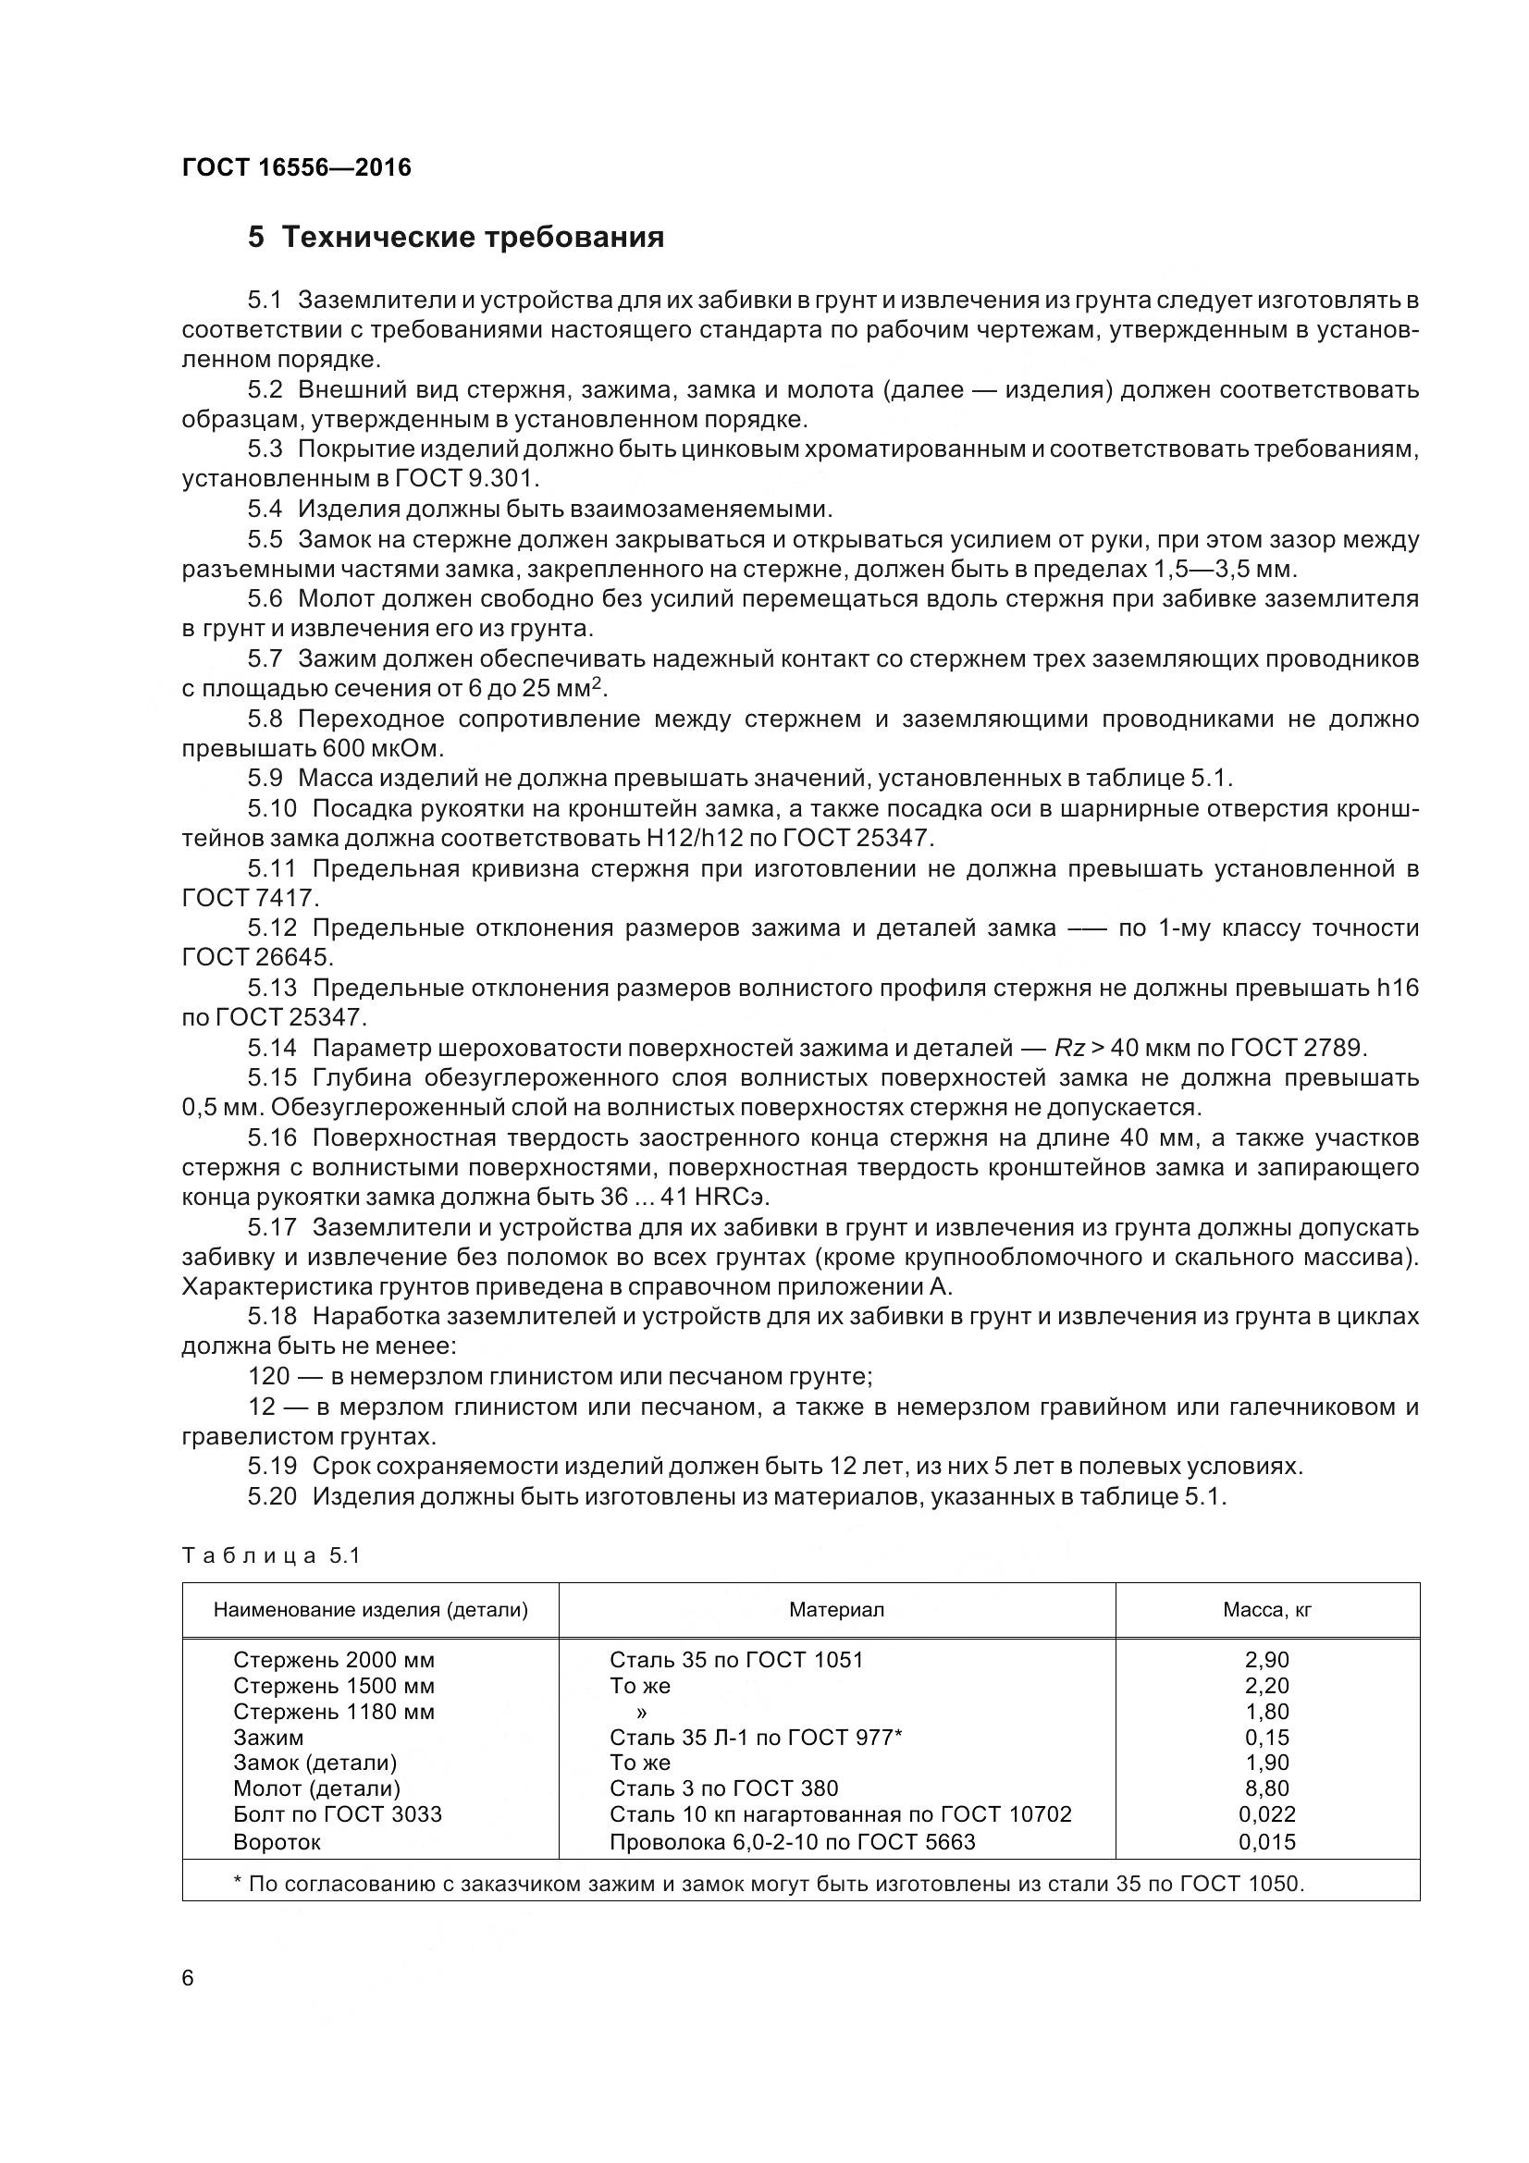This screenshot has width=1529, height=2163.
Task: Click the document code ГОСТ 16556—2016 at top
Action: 296,167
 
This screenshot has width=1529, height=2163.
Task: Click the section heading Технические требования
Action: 472,238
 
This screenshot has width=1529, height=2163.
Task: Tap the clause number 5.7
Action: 265,658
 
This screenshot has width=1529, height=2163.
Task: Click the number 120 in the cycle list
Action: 268,1376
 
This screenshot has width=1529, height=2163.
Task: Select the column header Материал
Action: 835,1610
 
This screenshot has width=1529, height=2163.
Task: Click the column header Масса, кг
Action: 1266,1610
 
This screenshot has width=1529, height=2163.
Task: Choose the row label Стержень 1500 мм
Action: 334,1686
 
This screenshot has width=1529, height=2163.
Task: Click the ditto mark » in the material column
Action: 642,1712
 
